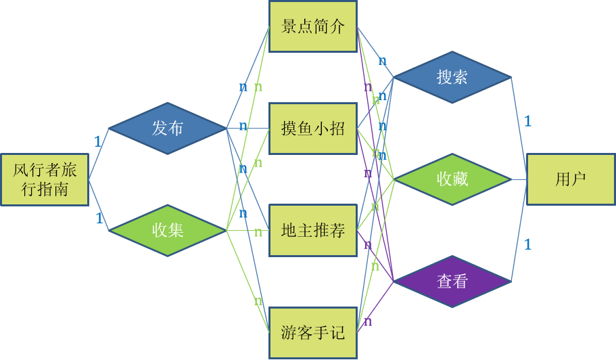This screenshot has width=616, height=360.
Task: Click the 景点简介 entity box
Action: point(313,27)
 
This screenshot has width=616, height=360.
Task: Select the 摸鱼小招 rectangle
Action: point(313,129)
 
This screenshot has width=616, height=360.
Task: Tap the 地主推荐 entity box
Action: point(313,231)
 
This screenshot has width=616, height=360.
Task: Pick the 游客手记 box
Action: point(313,332)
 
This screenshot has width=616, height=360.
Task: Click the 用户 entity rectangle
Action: point(571,179)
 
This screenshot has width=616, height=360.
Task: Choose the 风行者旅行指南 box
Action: point(45,179)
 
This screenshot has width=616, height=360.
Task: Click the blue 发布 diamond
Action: point(168,128)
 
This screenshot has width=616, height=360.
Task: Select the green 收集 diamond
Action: point(168,230)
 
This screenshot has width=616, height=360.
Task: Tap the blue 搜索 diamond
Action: point(452,77)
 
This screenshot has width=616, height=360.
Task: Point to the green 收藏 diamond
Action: point(452,179)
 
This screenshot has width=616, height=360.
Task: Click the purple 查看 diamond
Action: point(452,281)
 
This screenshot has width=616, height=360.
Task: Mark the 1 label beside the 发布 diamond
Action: point(97,142)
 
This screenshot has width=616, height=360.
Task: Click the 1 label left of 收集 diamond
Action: point(99,219)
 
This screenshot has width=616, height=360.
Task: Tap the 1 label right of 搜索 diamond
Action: point(527,122)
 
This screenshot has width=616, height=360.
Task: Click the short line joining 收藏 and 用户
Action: point(519,179)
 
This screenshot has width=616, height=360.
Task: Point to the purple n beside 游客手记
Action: point(368,321)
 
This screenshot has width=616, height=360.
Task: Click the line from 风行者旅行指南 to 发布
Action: point(99,154)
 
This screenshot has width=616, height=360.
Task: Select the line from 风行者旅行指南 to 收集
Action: point(99,206)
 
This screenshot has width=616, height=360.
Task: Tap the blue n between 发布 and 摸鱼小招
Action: point(243,126)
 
